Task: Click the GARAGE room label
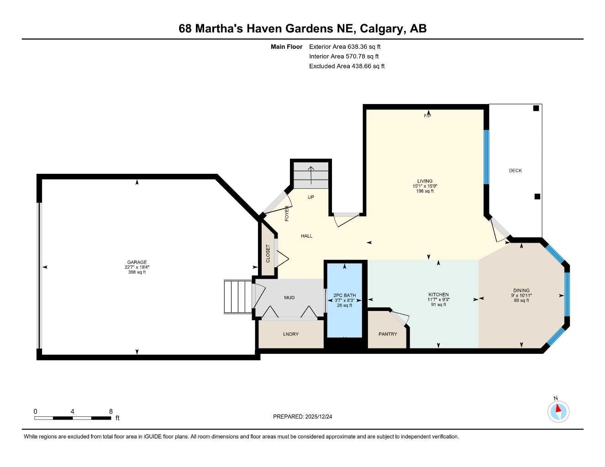point(137,262)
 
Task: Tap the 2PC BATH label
point(344,296)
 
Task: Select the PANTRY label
point(388,334)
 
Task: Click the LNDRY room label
point(291,334)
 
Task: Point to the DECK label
point(515,171)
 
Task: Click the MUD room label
point(289,297)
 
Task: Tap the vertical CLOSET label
point(268,254)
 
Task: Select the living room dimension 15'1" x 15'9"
point(425,186)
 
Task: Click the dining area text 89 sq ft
point(521,300)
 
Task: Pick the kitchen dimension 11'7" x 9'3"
point(438,300)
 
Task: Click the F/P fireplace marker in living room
point(427,116)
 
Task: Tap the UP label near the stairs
point(311,197)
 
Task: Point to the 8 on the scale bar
point(110,411)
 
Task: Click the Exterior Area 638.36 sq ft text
point(345,47)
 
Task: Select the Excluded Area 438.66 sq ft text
point(347,66)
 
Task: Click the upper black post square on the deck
point(536,108)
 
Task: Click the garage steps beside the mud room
point(238,297)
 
